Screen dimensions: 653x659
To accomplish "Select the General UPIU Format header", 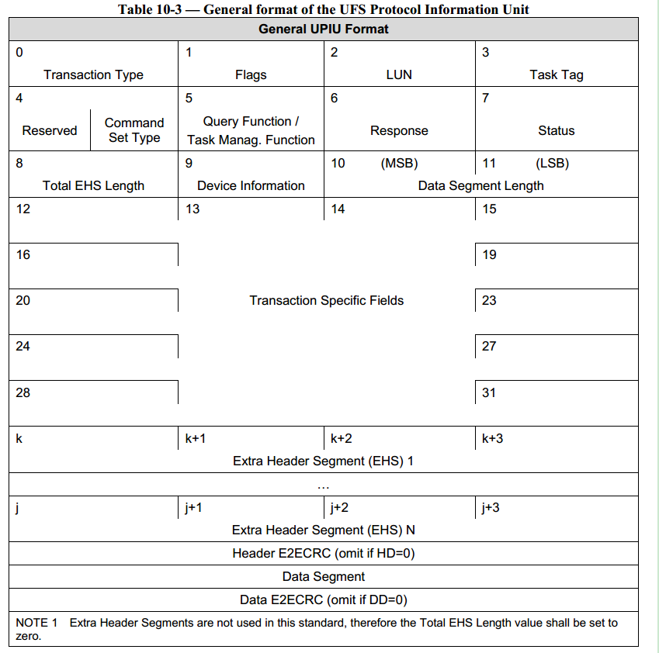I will [x=324, y=29].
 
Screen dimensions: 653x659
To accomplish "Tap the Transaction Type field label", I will [x=93, y=75].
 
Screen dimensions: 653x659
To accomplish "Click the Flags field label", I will [x=251, y=75].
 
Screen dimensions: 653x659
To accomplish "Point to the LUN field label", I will [x=399, y=75].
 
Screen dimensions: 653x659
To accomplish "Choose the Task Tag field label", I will [x=557, y=75].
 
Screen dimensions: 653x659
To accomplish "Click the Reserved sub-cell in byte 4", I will [x=50, y=131].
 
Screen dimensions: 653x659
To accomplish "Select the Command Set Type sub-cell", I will [x=134, y=130].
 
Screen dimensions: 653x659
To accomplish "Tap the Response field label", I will [x=399, y=131].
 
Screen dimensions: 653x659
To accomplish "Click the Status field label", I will [x=557, y=131].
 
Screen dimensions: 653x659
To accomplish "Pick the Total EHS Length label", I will [x=93, y=186].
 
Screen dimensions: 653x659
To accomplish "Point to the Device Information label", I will [x=251, y=186].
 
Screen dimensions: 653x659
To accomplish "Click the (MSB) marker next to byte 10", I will [x=399, y=164].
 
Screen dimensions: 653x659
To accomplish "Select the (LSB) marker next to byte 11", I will [x=552, y=164].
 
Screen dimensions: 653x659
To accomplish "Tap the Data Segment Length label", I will [x=480, y=186].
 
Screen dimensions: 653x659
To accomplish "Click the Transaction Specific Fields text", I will [x=326, y=301].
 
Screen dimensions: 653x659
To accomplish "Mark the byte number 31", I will [x=489, y=392].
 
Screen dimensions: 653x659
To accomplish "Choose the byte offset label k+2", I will [x=342, y=439].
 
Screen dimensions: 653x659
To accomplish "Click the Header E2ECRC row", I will [x=324, y=554].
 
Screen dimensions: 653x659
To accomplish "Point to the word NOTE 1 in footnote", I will [x=36, y=623].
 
